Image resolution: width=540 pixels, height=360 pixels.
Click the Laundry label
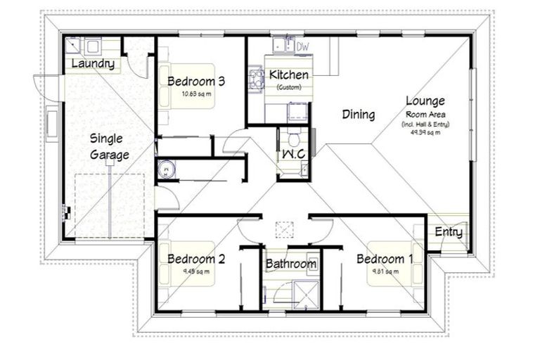[93, 65]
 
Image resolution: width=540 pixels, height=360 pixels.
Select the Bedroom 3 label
[195, 82]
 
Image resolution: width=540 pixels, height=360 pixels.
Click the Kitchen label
[288, 75]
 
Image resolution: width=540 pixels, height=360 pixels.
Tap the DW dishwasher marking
[303, 46]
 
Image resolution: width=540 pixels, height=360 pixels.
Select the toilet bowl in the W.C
[293, 135]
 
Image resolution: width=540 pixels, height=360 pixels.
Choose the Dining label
[358, 115]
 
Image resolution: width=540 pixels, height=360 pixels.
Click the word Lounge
[424, 101]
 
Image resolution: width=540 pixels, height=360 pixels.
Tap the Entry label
[448, 232]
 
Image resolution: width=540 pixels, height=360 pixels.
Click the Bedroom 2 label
[195, 259]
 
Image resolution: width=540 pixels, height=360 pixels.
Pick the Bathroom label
[290, 264]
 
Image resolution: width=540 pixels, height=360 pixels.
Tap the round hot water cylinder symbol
[165, 169]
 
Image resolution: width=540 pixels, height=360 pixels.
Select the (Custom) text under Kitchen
[288, 87]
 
